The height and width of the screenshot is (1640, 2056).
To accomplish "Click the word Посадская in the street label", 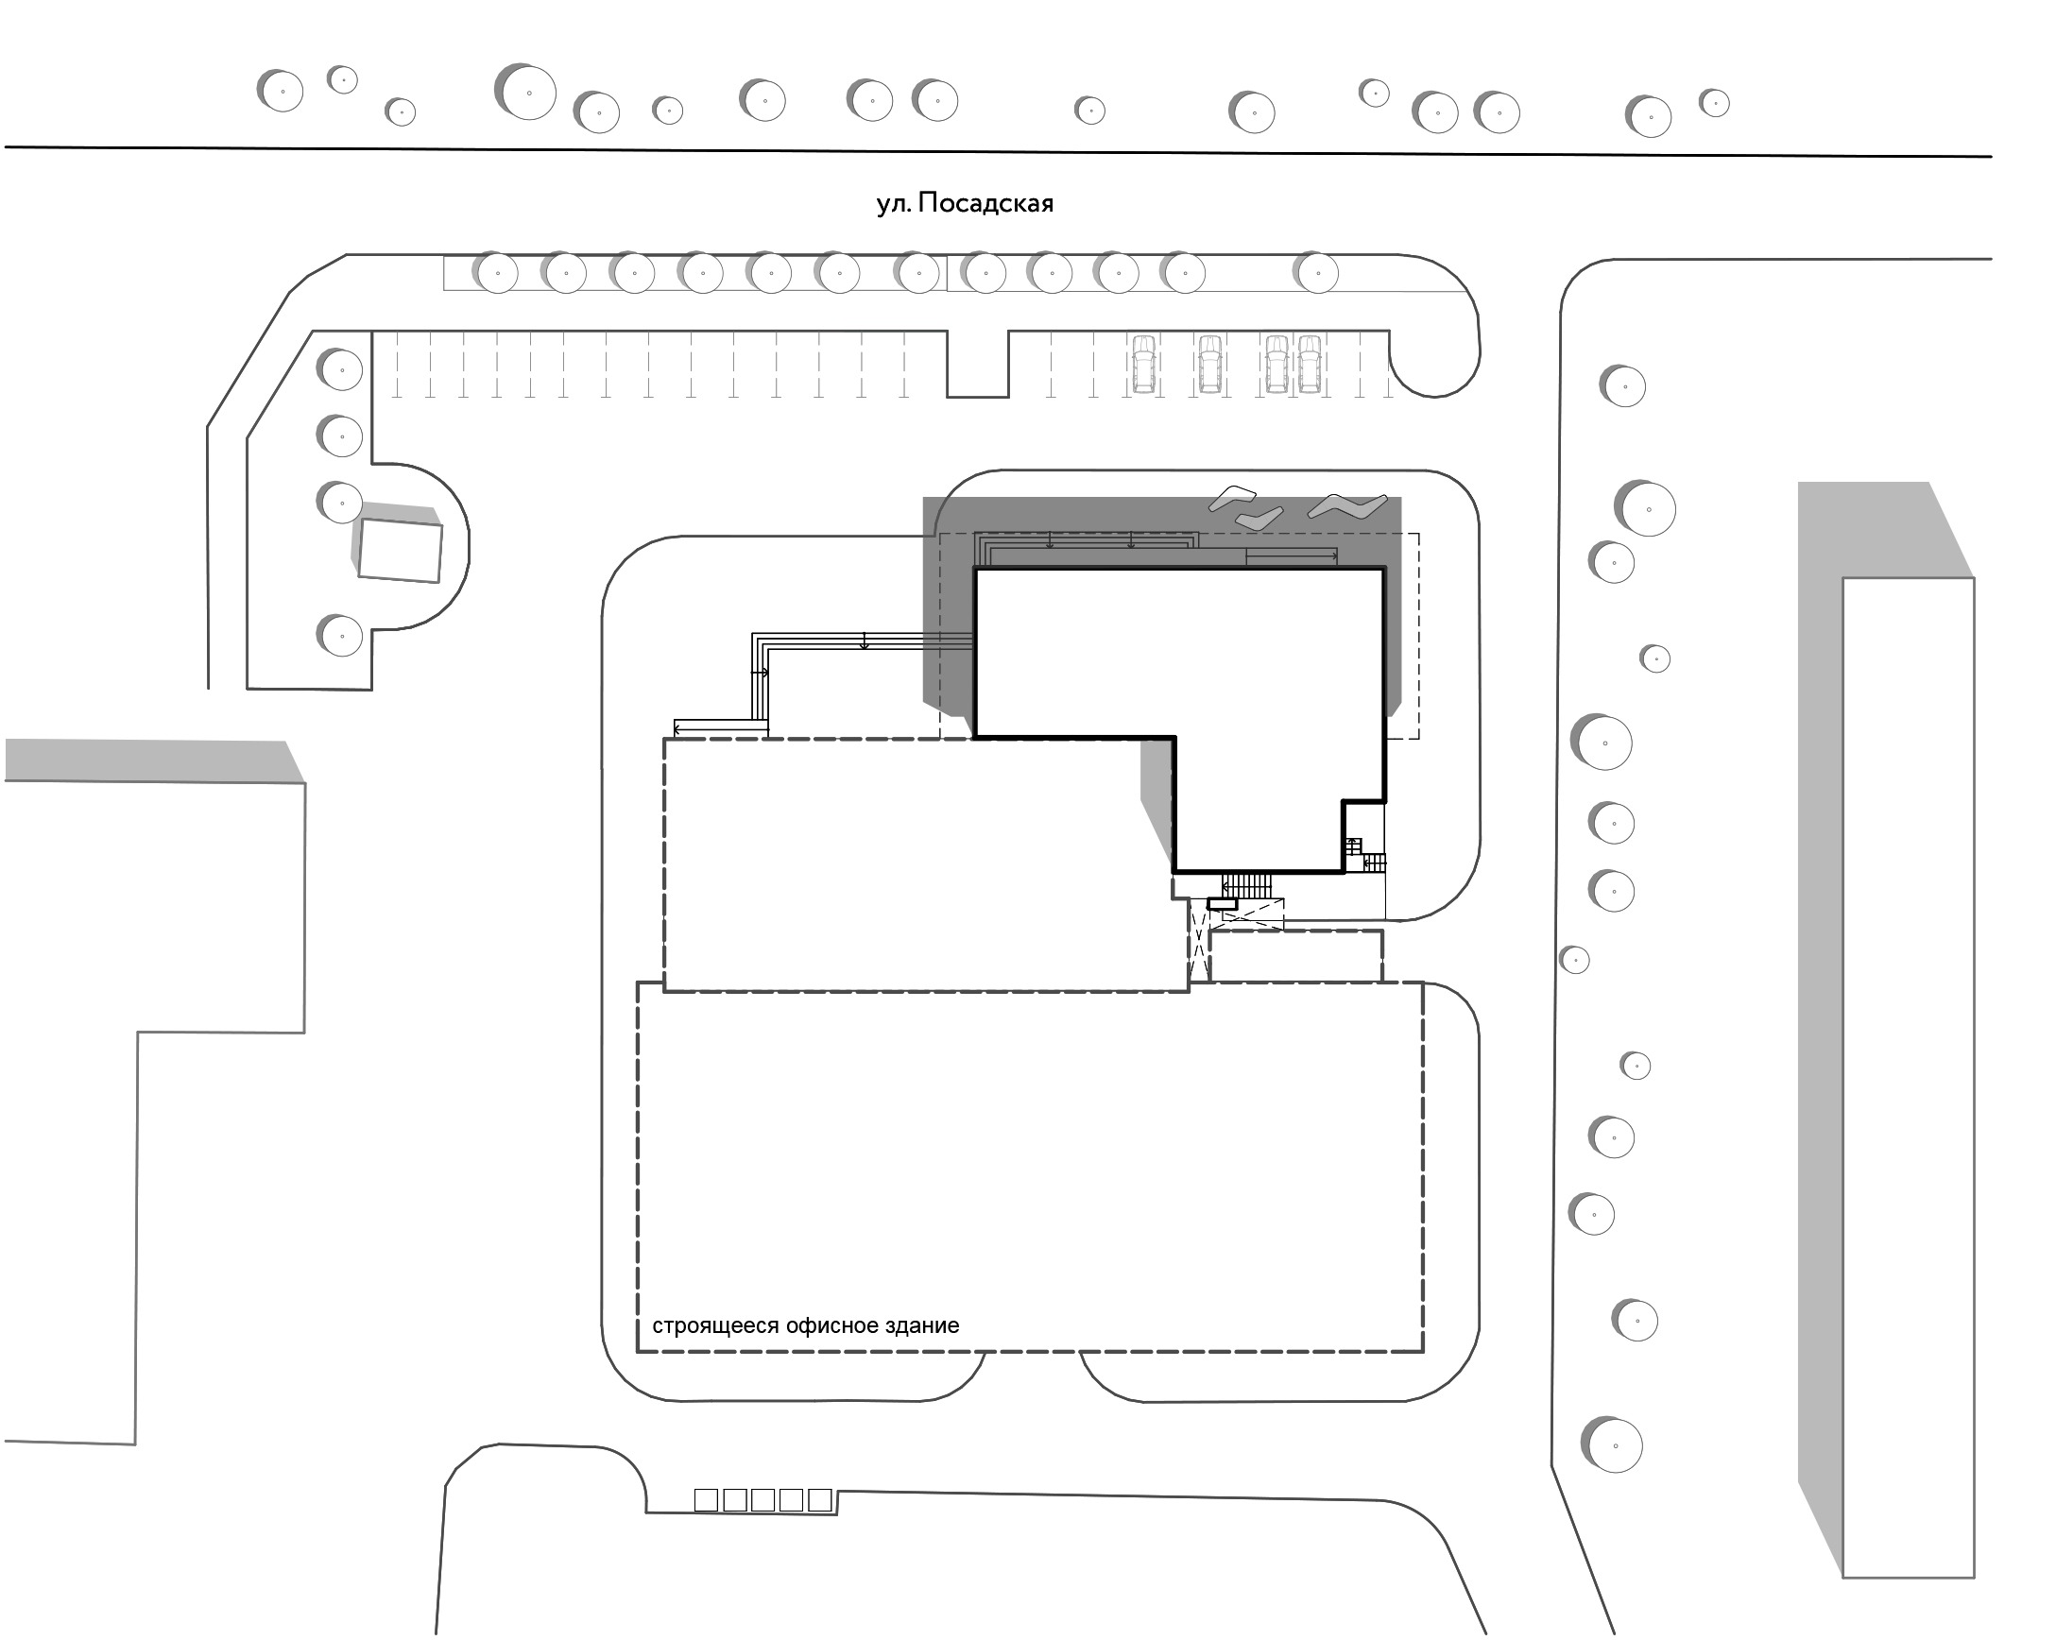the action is (986, 204).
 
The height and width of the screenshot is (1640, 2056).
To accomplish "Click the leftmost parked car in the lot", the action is (1144, 364).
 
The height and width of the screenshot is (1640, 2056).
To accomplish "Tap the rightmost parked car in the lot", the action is (1310, 364).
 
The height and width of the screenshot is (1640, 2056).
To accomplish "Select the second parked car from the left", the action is (1210, 364).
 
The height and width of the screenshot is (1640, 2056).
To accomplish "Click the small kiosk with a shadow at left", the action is (400, 550).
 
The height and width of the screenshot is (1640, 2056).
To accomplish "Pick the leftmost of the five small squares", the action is (706, 1500).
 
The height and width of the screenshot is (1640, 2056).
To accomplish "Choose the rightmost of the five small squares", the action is (820, 1500).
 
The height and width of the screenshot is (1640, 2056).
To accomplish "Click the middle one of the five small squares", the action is (762, 1500).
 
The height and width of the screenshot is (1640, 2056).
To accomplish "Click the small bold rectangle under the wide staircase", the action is (1222, 903).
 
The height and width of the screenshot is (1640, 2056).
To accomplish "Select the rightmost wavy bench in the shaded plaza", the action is (1347, 506).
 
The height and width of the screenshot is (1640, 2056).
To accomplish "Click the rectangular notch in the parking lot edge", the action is (978, 365).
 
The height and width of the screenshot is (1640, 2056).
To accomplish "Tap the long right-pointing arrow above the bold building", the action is (1292, 554).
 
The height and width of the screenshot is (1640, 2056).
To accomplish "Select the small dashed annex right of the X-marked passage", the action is (1296, 956).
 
